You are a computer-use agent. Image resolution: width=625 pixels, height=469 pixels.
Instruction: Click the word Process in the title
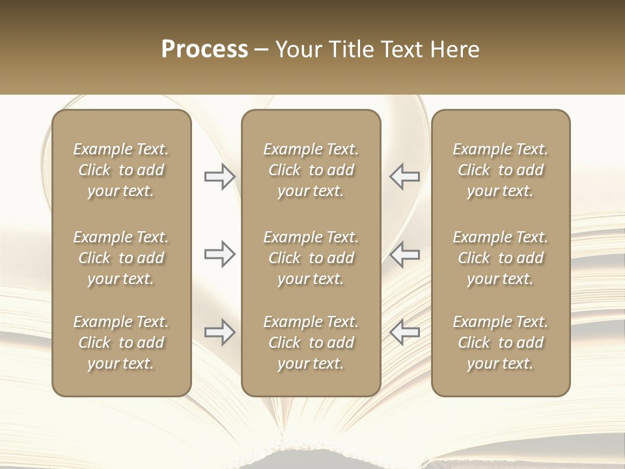coord(204,50)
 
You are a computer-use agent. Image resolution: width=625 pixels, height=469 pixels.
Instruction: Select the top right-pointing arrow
coord(219,176)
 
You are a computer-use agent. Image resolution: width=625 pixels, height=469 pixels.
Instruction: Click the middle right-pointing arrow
coord(219,254)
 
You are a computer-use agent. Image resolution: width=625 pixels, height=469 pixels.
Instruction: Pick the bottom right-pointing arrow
coord(219,333)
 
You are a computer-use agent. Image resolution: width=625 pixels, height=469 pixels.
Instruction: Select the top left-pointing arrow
coord(405,176)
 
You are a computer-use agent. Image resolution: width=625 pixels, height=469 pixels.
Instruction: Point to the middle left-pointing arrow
coord(405,254)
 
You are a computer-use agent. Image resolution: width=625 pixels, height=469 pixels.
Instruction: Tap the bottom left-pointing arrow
coord(405,333)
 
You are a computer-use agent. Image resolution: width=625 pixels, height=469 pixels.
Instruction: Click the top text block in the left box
coord(121,170)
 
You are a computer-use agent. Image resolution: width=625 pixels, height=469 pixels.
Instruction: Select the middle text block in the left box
coord(121,258)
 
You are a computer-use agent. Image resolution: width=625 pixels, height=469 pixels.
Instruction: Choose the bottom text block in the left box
coord(121,343)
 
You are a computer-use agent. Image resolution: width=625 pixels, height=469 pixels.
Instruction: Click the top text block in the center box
coord(311,170)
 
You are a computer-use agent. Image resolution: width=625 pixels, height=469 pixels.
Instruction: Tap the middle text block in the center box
coord(311,258)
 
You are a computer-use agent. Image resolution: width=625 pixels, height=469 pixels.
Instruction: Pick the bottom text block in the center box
coord(311,343)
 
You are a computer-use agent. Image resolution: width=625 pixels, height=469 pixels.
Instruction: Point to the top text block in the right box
coord(500,170)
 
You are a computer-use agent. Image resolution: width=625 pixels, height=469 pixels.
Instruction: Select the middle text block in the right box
coord(500,258)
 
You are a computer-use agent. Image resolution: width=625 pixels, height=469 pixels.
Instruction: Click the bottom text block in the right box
coord(500,343)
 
